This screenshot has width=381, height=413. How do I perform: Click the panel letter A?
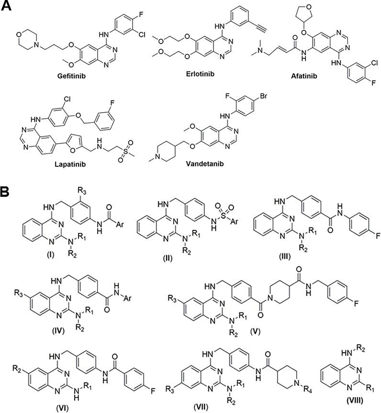(x=7, y=8)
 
